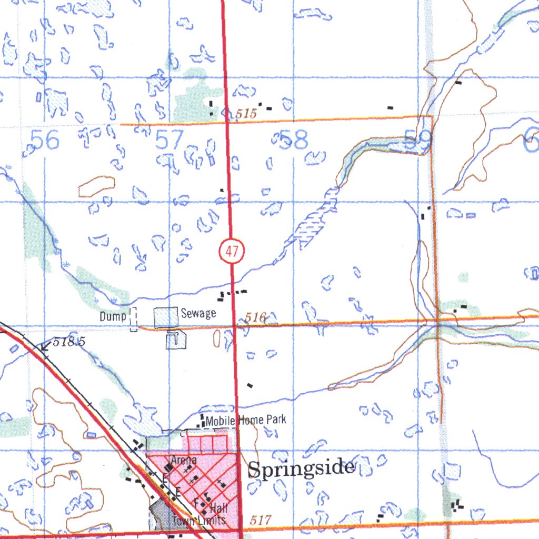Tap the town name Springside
[301, 468]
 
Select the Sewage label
[198, 314]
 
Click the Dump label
[113, 316]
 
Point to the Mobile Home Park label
[246, 420]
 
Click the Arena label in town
[184, 460]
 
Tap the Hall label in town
[218, 508]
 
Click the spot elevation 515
[245, 113]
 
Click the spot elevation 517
[261, 520]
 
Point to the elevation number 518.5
[69, 342]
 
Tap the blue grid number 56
[45, 141]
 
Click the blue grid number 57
[169, 141]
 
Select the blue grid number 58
[294, 141]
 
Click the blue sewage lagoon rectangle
[166, 317]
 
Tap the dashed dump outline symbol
[133, 319]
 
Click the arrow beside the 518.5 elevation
[45, 346]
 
